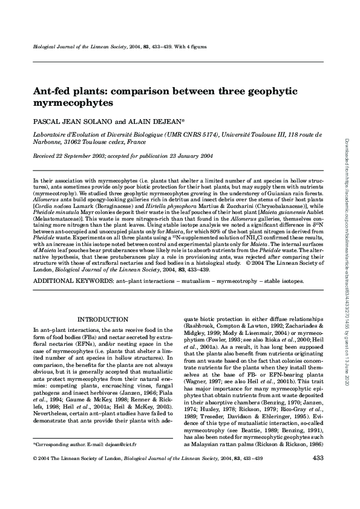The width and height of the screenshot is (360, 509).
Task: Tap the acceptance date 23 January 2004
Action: pyautogui.click(x=185, y=155)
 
